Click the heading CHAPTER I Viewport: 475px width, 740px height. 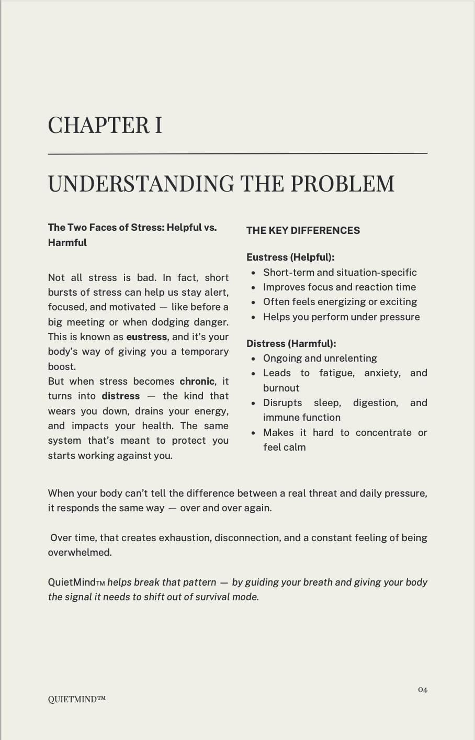pyautogui.click(x=105, y=126)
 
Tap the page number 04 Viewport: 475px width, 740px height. pyautogui.click(x=423, y=690)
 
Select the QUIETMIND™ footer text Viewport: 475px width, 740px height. pyautogui.click(x=77, y=699)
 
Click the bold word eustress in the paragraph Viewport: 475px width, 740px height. pyautogui.click(x=146, y=337)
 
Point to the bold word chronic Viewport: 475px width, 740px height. pyautogui.click(x=197, y=382)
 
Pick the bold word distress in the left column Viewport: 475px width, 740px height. pyautogui.click(x=121, y=396)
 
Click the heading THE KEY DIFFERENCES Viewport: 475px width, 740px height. pyautogui.click(x=303, y=231)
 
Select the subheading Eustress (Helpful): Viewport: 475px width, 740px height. pyautogui.click(x=290, y=257)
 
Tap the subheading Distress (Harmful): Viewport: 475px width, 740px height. pyautogui.click(x=291, y=344)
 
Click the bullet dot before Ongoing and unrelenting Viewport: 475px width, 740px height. pyautogui.click(x=253, y=359)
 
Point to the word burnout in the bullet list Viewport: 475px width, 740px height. pyautogui.click(x=281, y=388)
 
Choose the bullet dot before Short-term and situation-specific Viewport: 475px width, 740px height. pyautogui.click(x=253, y=273)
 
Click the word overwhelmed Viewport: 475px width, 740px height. pyautogui.click(x=80, y=553)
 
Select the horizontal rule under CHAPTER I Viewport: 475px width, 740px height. pyautogui.click(x=237, y=153)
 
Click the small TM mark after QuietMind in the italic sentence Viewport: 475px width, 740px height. pyautogui.click(x=100, y=584)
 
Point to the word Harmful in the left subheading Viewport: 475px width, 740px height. pyautogui.click(x=67, y=243)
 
